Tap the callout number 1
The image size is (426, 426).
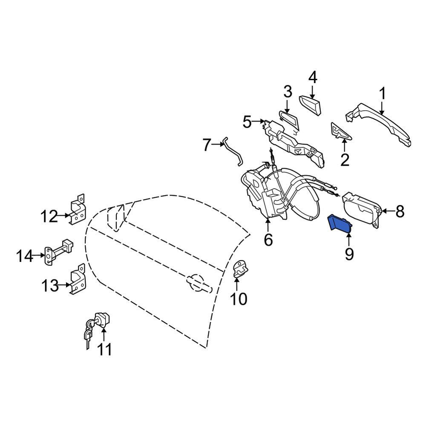(383, 93)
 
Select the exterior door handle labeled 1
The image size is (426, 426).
(379, 123)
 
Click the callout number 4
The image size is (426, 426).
(313, 78)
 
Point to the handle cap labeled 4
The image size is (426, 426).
(311, 105)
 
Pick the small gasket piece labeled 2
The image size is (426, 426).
(340, 132)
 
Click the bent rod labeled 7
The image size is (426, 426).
(233, 152)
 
